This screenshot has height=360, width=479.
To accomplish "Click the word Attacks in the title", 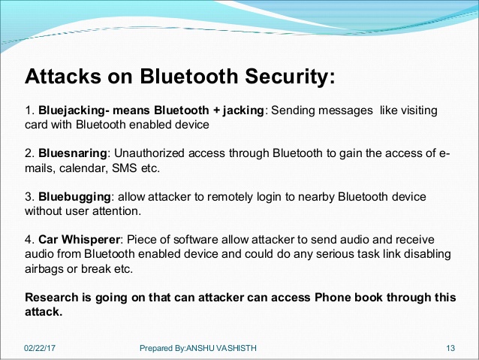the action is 63,76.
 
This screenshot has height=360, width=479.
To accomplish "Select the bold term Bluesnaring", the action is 72,153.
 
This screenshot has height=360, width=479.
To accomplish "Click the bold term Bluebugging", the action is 74,197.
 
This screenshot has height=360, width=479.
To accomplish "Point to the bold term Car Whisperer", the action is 79,240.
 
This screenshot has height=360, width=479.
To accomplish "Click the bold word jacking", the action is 243,110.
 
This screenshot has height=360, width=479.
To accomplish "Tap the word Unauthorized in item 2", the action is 149,153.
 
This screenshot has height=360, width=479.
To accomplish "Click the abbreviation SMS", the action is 125,168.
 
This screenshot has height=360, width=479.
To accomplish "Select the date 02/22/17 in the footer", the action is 40,348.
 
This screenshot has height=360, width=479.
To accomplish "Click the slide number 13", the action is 450,348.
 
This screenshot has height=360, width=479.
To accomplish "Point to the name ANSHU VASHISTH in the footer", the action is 221,348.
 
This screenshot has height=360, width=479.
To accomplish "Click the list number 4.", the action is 29,240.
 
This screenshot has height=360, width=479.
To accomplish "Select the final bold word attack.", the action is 44,312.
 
